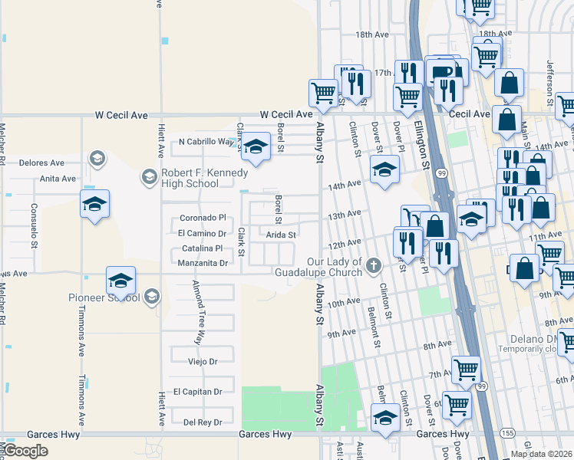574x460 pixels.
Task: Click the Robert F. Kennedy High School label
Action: coord(190,178)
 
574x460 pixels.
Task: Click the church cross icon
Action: coord(374,266)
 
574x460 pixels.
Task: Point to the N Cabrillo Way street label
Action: coord(206,142)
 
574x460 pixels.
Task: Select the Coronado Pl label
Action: coord(203,218)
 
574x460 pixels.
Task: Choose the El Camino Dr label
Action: coord(202,233)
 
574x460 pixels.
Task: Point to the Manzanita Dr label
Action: coord(203,263)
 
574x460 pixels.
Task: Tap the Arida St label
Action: coord(281,235)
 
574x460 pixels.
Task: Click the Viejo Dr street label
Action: coord(203,361)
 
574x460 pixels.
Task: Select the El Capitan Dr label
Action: coord(197,392)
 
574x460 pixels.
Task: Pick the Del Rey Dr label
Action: coord(203,422)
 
